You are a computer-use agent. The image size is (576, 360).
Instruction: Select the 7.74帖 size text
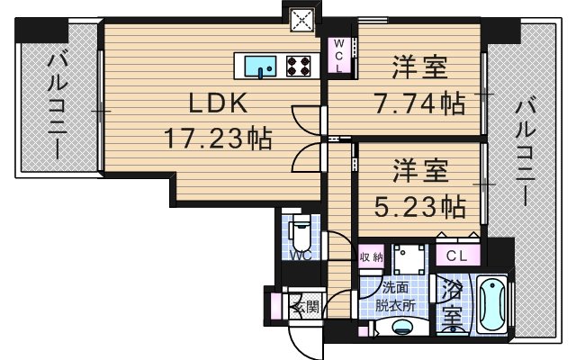tap(419, 103)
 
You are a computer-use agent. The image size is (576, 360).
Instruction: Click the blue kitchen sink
tap(264, 65)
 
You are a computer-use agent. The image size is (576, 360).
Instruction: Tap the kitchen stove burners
tap(299, 65)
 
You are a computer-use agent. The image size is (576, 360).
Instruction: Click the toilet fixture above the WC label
tap(302, 237)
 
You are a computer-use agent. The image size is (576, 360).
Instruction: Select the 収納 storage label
tap(372, 256)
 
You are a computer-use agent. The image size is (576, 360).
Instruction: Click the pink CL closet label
tap(457, 256)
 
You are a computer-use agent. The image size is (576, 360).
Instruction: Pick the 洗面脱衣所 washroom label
tap(394, 297)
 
